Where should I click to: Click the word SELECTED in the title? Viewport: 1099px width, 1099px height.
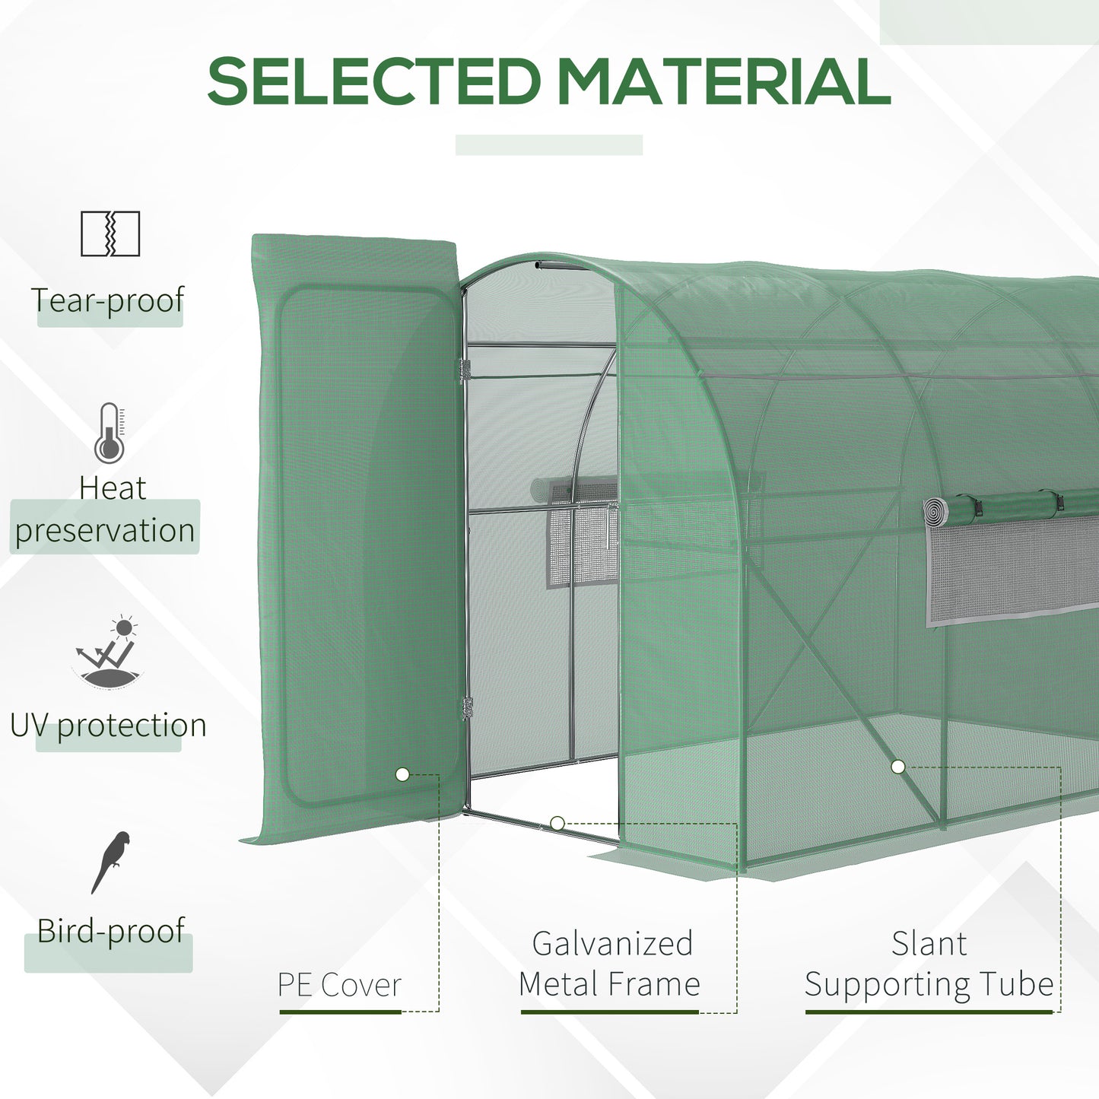tap(373, 81)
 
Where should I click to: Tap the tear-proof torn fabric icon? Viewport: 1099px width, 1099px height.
tap(110, 233)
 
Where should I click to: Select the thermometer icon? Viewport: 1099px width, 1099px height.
tap(110, 434)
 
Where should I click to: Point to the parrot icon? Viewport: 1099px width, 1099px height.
tap(111, 862)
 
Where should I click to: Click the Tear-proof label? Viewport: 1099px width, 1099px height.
tap(108, 300)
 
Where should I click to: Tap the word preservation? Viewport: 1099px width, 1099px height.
tap(105, 530)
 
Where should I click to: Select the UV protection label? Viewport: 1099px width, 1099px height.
tap(108, 726)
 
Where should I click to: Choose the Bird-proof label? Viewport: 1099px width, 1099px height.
tap(111, 931)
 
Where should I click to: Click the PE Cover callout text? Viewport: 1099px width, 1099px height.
tap(339, 985)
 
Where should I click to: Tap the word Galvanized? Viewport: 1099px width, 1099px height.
tap(612, 944)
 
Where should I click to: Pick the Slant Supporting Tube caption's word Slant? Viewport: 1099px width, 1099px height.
tap(929, 944)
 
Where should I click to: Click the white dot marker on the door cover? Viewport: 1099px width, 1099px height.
tap(402, 775)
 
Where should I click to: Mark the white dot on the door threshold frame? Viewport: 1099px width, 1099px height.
tap(557, 823)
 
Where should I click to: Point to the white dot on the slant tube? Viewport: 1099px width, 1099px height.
tap(898, 767)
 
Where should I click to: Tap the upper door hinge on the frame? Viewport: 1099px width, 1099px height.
tap(465, 370)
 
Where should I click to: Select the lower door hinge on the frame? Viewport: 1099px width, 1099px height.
tap(466, 709)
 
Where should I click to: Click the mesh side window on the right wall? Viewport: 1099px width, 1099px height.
tap(1012, 567)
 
